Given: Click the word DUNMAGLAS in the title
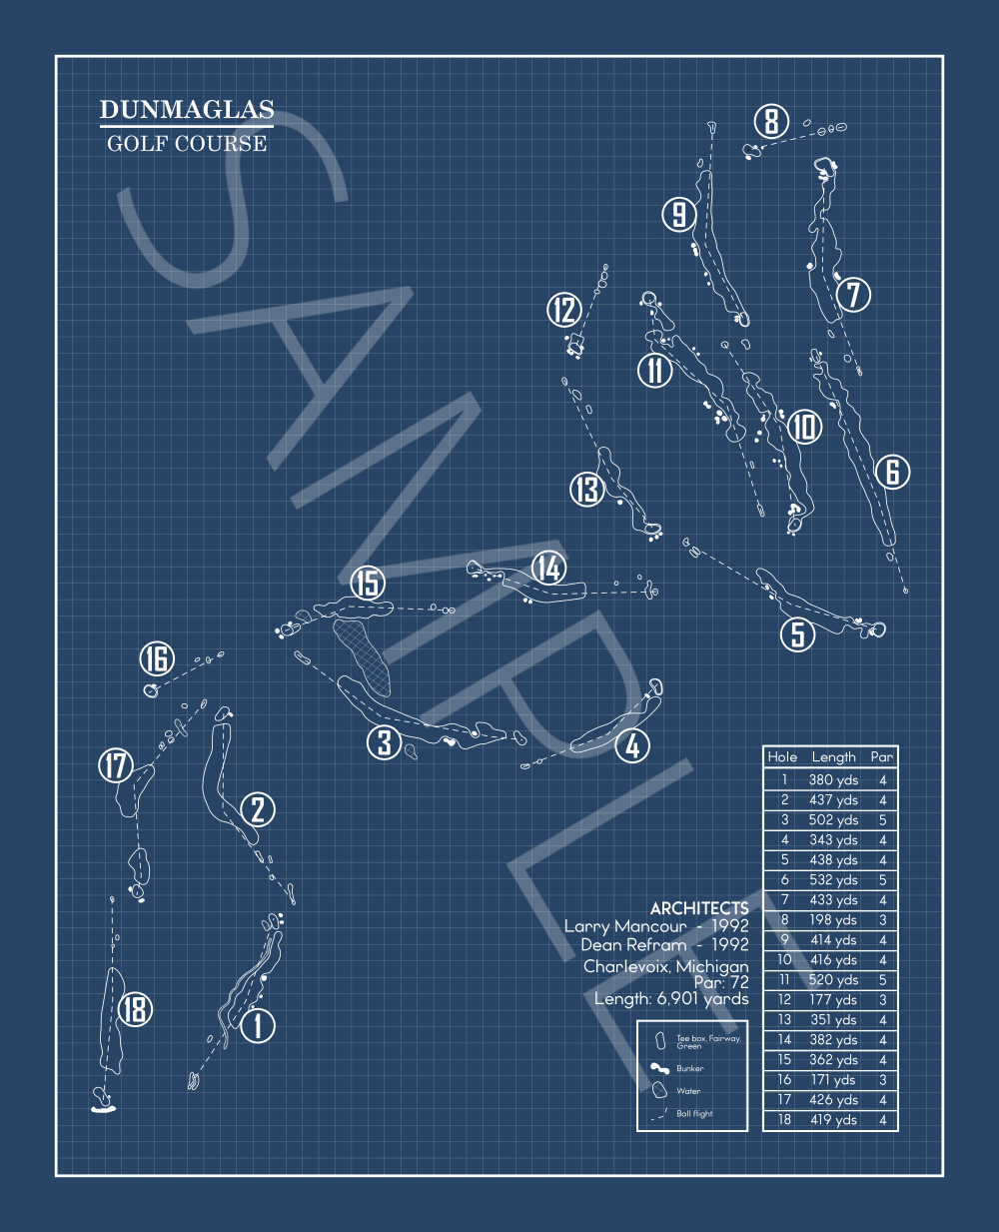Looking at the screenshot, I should tap(186, 110).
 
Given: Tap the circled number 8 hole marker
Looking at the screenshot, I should tap(771, 122).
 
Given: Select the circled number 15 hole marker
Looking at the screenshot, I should tap(369, 583).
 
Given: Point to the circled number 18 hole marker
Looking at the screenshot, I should tap(135, 1009).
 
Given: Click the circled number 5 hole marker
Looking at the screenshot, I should tap(798, 634).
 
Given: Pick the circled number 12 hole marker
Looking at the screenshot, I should tap(564, 310).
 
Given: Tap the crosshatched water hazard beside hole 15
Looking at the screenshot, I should tap(362, 654).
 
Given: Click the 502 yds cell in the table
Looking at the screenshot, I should tap(833, 820).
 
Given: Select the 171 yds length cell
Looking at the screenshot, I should tap(833, 1080).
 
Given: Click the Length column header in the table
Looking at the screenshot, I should tap(833, 757).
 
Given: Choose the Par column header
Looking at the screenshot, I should tap(881, 757).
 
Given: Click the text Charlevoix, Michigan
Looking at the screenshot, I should tap(665, 966).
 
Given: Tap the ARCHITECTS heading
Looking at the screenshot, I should tap(698, 907).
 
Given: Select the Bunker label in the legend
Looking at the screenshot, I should tap(690, 1068).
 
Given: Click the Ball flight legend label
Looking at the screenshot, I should tap(694, 1113).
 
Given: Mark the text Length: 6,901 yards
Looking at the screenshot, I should tap(670, 998).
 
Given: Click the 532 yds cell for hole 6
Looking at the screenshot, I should tap(833, 880).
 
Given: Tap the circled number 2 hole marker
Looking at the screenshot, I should tap(258, 809).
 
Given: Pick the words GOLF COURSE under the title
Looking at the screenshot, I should tap(187, 143).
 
